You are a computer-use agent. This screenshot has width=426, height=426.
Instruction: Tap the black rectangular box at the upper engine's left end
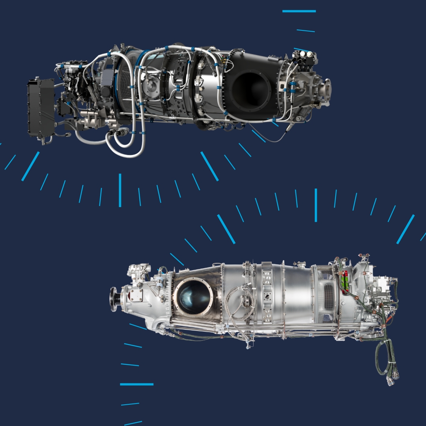(41, 108)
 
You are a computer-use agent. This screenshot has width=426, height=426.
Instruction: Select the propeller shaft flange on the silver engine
(114, 299)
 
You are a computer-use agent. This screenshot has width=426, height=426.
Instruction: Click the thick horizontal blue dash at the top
(299, 11)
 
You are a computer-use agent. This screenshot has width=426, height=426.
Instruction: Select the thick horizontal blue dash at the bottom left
(136, 384)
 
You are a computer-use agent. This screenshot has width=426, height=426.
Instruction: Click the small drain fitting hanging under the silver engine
(248, 345)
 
